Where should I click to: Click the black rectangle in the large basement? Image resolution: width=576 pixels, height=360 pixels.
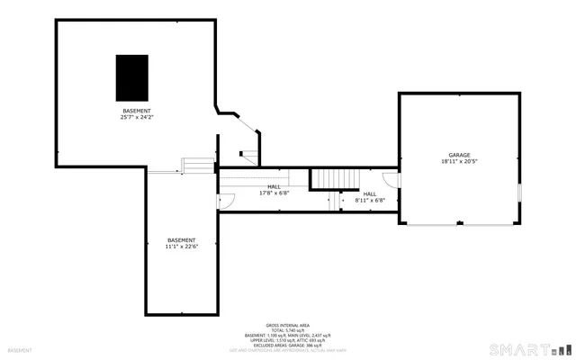click(x=131, y=77)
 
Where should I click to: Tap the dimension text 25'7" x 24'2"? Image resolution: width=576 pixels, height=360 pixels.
click(x=137, y=117)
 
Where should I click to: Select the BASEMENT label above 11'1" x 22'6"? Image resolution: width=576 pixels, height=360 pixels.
click(x=181, y=240)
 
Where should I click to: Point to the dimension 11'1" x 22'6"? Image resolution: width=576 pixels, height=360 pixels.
click(x=181, y=247)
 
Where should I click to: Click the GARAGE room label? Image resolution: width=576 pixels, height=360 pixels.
click(x=459, y=155)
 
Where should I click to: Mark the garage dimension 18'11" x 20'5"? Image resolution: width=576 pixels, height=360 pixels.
click(x=459, y=162)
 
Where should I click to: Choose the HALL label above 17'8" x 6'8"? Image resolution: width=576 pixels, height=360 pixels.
click(x=274, y=186)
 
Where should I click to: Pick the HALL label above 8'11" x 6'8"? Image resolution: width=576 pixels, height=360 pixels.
click(x=369, y=193)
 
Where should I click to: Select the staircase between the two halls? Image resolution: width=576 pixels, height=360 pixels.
click(x=334, y=179)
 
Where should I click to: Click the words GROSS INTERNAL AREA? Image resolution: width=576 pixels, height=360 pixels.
click(x=288, y=325)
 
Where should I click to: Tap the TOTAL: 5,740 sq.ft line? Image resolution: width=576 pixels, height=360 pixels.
click(x=288, y=330)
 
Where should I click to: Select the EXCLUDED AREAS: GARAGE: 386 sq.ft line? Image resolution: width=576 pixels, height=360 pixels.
click(x=288, y=346)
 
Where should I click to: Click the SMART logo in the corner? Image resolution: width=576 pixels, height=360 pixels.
click(x=529, y=348)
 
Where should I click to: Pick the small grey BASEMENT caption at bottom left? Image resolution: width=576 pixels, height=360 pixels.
click(x=20, y=350)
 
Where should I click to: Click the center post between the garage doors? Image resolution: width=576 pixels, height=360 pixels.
click(x=459, y=223)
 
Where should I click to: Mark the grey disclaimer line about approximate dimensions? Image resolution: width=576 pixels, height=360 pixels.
click(x=288, y=351)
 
